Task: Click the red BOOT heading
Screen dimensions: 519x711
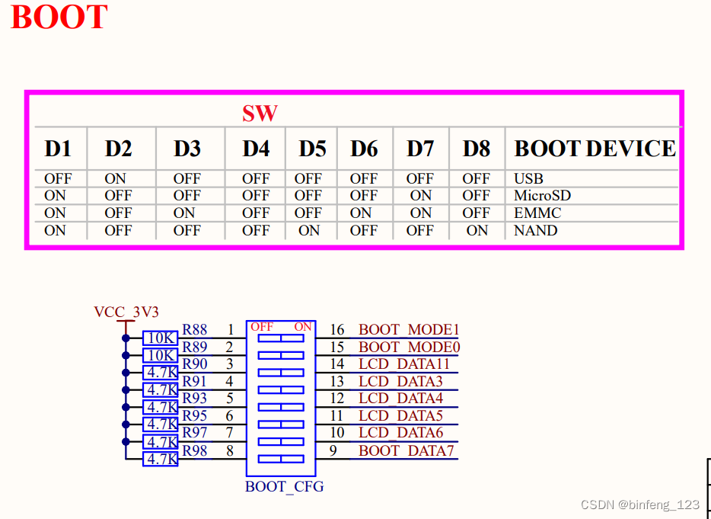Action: click(59, 18)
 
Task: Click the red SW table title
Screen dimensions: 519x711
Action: click(260, 114)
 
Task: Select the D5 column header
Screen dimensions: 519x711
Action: click(312, 149)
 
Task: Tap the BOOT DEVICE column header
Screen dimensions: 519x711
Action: click(595, 149)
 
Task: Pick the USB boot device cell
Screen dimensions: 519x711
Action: click(528, 179)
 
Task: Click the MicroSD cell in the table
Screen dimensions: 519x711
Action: click(542, 196)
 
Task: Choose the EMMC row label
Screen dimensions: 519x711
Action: click(537, 213)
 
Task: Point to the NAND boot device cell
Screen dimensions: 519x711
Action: click(535, 230)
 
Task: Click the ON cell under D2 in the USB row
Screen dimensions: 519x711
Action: click(116, 179)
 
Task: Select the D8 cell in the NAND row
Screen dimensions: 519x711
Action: click(477, 230)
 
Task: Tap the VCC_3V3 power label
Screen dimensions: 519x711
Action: click(126, 312)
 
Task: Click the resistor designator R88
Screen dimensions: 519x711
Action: click(195, 330)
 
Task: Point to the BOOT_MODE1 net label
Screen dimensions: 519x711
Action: click(409, 330)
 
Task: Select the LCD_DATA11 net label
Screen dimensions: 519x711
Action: click(404, 364)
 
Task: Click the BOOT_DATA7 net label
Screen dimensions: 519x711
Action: click(407, 450)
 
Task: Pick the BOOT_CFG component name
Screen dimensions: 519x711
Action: click(284, 486)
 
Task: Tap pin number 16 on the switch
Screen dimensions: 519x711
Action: click(336, 330)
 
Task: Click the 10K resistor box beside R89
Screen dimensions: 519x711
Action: click(161, 355)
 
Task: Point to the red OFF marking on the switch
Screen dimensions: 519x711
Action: click(262, 326)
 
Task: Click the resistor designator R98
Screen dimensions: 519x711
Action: click(195, 450)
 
